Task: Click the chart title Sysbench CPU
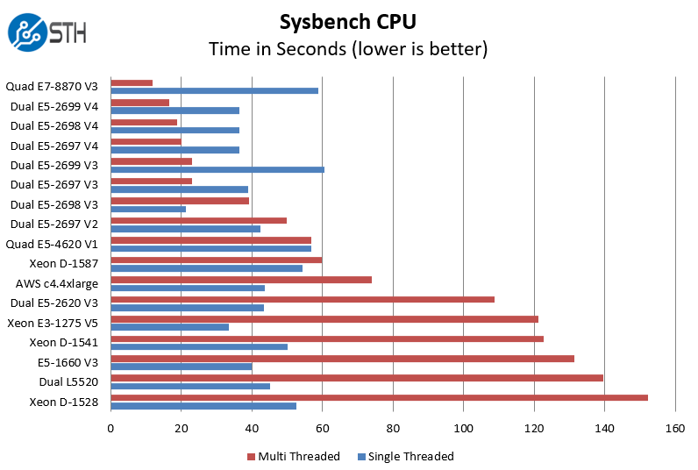(348, 20)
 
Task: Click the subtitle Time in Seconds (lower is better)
(348, 48)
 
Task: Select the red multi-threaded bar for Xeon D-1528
(379, 397)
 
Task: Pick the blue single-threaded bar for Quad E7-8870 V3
(214, 90)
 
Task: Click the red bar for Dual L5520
(356, 378)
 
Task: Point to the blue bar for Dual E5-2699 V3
(217, 169)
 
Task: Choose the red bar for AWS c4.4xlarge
(241, 280)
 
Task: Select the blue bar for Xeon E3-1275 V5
(169, 327)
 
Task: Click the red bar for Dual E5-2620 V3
(303, 299)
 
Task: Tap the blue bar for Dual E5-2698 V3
(148, 209)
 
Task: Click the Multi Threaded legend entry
(294, 456)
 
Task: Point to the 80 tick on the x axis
(393, 429)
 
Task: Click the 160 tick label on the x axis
(674, 429)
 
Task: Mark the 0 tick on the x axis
(110, 429)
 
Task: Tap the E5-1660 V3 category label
(67, 362)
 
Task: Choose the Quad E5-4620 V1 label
(52, 244)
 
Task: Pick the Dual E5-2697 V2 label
(54, 224)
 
